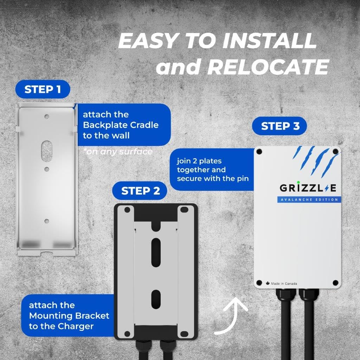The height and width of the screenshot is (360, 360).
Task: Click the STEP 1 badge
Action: coord(43,90)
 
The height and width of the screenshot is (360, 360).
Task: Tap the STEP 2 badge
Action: coord(141,191)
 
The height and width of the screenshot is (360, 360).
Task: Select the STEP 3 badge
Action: coord(280,126)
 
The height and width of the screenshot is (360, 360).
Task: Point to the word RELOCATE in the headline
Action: coord(268,66)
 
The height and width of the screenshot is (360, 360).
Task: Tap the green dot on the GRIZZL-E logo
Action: coord(298,182)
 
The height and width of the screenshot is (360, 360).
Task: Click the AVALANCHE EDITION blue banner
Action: coord(308,200)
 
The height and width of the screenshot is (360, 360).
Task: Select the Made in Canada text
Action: coord(284,284)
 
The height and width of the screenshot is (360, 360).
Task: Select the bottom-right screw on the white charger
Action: coord(335,283)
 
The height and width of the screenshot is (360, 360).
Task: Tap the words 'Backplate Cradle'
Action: coord(121,125)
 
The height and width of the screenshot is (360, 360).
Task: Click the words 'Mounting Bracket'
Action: coord(69,315)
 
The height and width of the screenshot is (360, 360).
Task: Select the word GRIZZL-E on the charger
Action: coord(308,188)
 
